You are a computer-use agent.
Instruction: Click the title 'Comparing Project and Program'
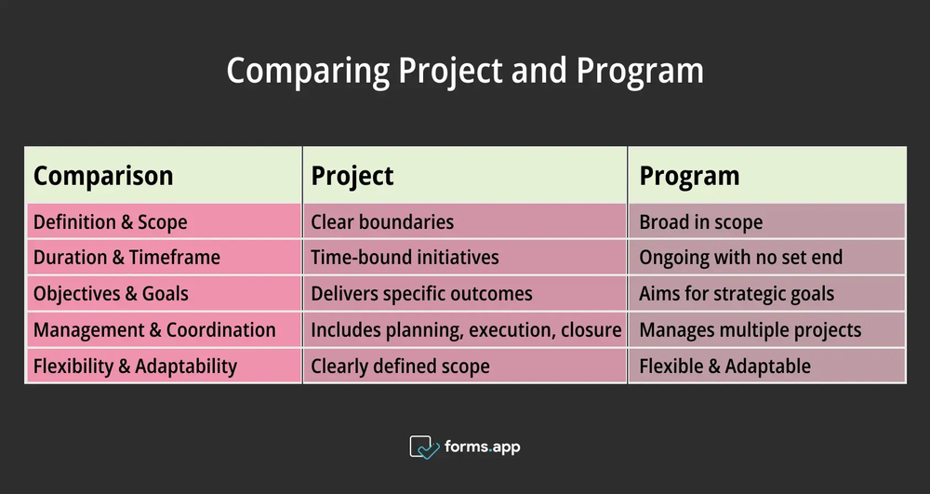(x=464, y=72)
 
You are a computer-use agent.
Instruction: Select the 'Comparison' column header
(x=103, y=176)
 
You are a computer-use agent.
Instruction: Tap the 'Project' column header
(x=352, y=176)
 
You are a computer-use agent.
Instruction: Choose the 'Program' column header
(x=689, y=176)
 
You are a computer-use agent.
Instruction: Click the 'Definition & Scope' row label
(x=110, y=222)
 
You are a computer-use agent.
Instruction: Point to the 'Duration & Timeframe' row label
(x=126, y=258)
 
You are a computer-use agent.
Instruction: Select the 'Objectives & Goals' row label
(x=111, y=294)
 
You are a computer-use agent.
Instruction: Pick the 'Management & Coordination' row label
(x=154, y=330)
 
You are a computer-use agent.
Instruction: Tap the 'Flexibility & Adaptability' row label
(x=135, y=367)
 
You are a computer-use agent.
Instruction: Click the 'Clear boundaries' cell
(x=382, y=222)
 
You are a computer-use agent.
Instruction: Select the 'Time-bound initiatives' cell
(x=405, y=258)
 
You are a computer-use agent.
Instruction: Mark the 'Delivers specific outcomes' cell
(x=421, y=294)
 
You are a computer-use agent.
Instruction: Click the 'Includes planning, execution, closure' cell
(x=465, y=330)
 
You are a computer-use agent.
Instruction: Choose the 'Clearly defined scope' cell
(x=400, y=367)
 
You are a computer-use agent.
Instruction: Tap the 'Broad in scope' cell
(x=700, y=222)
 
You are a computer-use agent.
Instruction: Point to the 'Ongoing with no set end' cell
(x=740, y=258)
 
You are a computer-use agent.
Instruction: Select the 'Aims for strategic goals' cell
(x=737, y=294)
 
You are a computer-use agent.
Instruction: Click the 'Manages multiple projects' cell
(x=750, y=330)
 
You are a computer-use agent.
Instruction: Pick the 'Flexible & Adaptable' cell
(x=724, y=367)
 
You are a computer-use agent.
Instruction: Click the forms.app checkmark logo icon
(x=424, y=447)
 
